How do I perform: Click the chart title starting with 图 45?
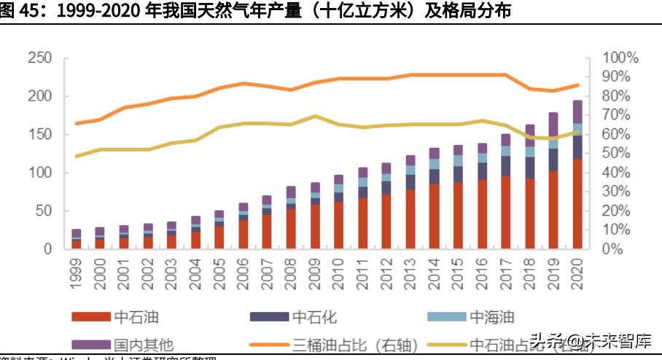pos(255,12)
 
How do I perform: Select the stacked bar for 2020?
pos(577,175)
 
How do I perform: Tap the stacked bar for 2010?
pos(338,212)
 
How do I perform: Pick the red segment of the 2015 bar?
pos(458,216)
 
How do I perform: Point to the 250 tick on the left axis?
pos(40,58)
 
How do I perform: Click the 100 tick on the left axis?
pos(40,173)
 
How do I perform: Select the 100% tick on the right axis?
pos(622,58)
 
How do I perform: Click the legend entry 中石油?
pos(136,317)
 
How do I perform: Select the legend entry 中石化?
pos(315,317)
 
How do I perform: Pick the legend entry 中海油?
pos(491,317)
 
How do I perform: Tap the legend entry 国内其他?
pos(144,343)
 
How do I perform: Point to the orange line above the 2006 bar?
pos(243,84)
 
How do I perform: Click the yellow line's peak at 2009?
pos(314,116)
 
